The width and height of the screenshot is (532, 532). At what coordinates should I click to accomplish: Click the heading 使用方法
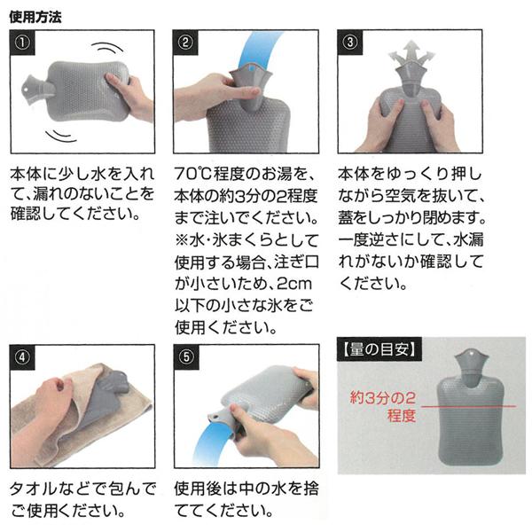pos(35,17)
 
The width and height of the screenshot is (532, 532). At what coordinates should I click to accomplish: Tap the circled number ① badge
pos(23,43)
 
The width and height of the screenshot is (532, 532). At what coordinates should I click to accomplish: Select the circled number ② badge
pos(185,43)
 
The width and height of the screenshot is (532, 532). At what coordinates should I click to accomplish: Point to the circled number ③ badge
pos(350,43)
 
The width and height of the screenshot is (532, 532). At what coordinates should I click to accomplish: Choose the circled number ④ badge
pos(23,357)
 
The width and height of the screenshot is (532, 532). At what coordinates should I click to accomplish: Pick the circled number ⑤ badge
pos(186,357)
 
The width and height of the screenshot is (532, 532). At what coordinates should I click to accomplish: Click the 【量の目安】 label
pos(379,349)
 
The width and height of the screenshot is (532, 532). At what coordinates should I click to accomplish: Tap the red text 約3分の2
pos(383,397)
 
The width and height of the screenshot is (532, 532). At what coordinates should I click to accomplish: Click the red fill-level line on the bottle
pos(468,406)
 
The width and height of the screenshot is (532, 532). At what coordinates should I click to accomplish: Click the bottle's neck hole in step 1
pos(26,90)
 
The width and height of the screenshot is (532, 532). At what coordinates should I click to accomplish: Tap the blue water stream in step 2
pos(259,49)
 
